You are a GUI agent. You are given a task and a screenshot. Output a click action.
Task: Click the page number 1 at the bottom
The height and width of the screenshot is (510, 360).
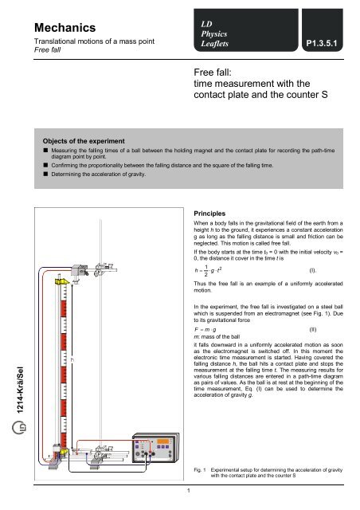[186, 490]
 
